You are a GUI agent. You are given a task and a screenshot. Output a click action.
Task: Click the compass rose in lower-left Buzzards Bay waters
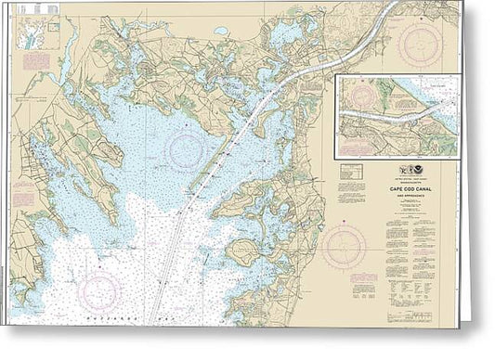click(x=100, y=290)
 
